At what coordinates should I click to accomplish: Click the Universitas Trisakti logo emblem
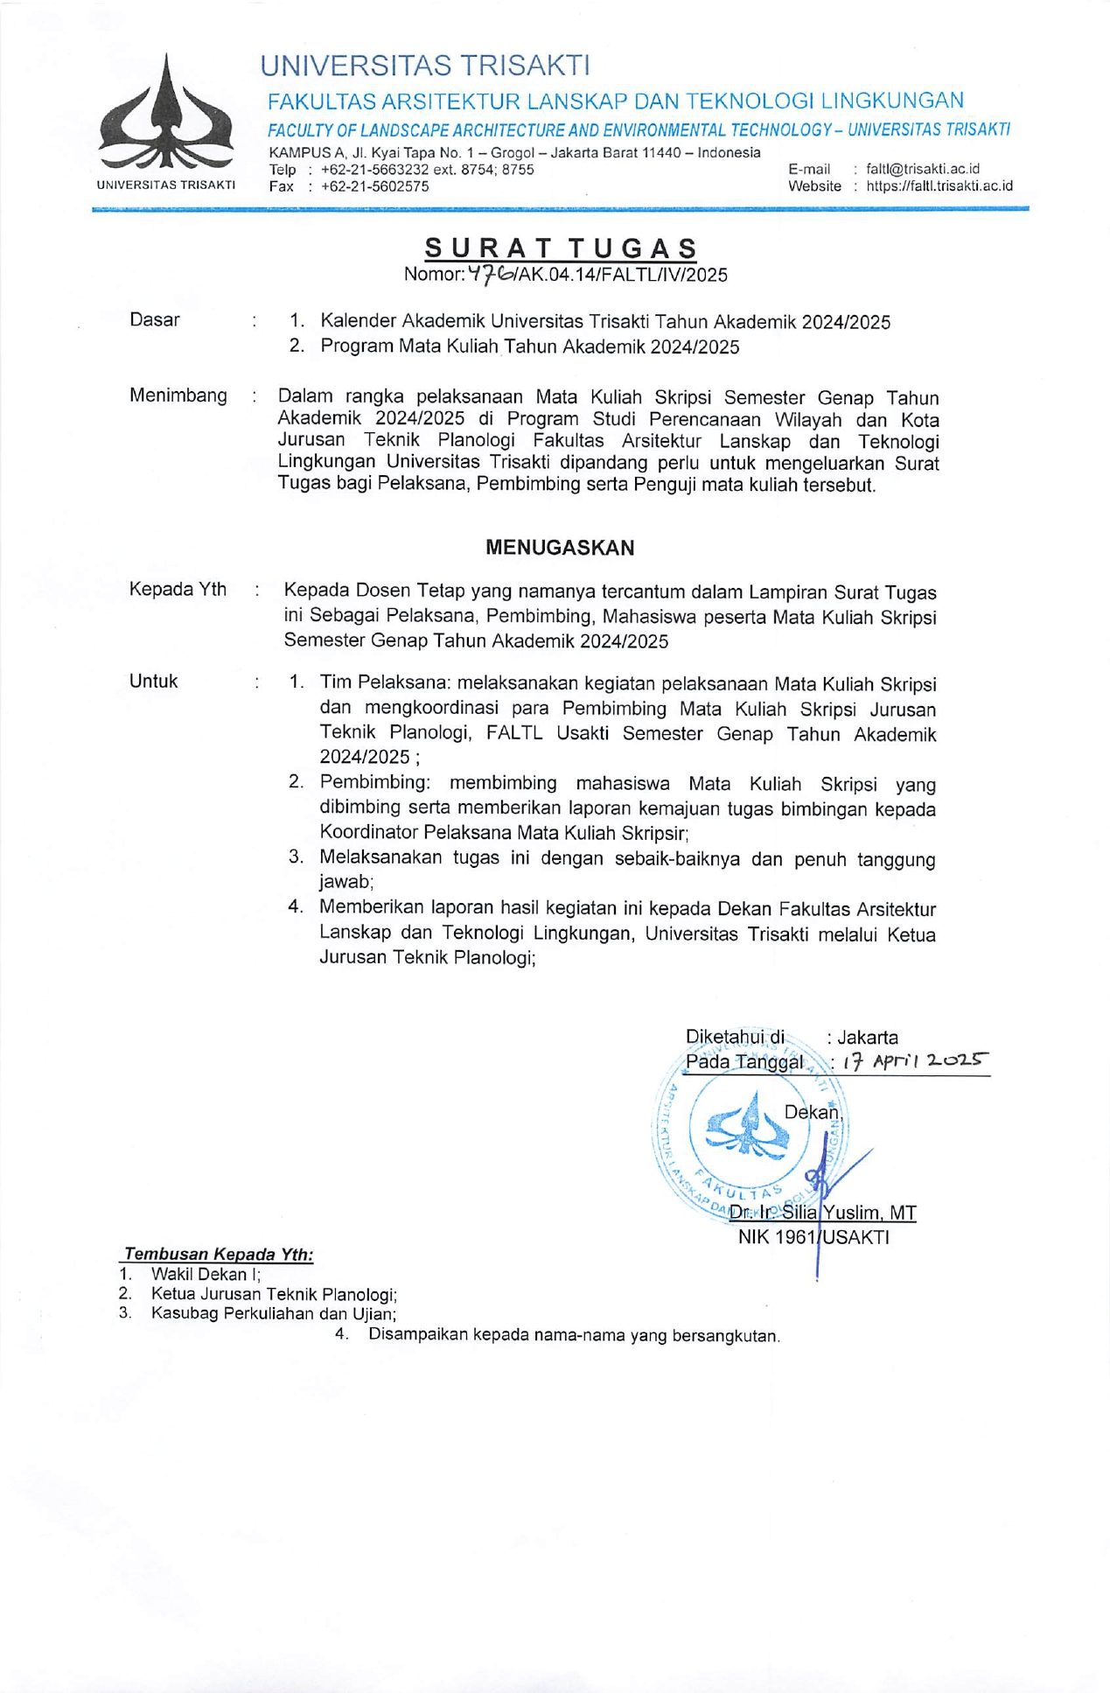point(165,114)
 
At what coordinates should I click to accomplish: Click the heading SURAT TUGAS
point(561,248)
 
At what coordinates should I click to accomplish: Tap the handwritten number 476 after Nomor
point(491,274)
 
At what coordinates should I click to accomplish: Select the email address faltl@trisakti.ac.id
point(922,169)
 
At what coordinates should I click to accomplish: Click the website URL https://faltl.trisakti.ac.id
point(939,185)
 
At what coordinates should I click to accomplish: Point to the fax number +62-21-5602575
point(374,186)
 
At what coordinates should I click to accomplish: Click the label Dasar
point(155,320)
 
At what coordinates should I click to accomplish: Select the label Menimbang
point(178,395)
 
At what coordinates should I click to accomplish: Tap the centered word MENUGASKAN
point(560,548)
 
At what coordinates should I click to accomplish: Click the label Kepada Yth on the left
point(178,590)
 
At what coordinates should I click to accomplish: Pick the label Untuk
point(154,682)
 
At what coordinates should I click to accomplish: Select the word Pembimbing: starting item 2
point(374,782)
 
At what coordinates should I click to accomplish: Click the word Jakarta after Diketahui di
point(868,1038)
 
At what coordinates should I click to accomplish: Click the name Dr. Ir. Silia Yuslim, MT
point(822,1213)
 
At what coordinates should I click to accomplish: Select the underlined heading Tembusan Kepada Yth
point(219,1255)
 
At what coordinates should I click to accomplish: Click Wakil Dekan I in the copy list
point(206,1275)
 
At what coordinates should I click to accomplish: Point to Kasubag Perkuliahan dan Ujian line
point(274,1313)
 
